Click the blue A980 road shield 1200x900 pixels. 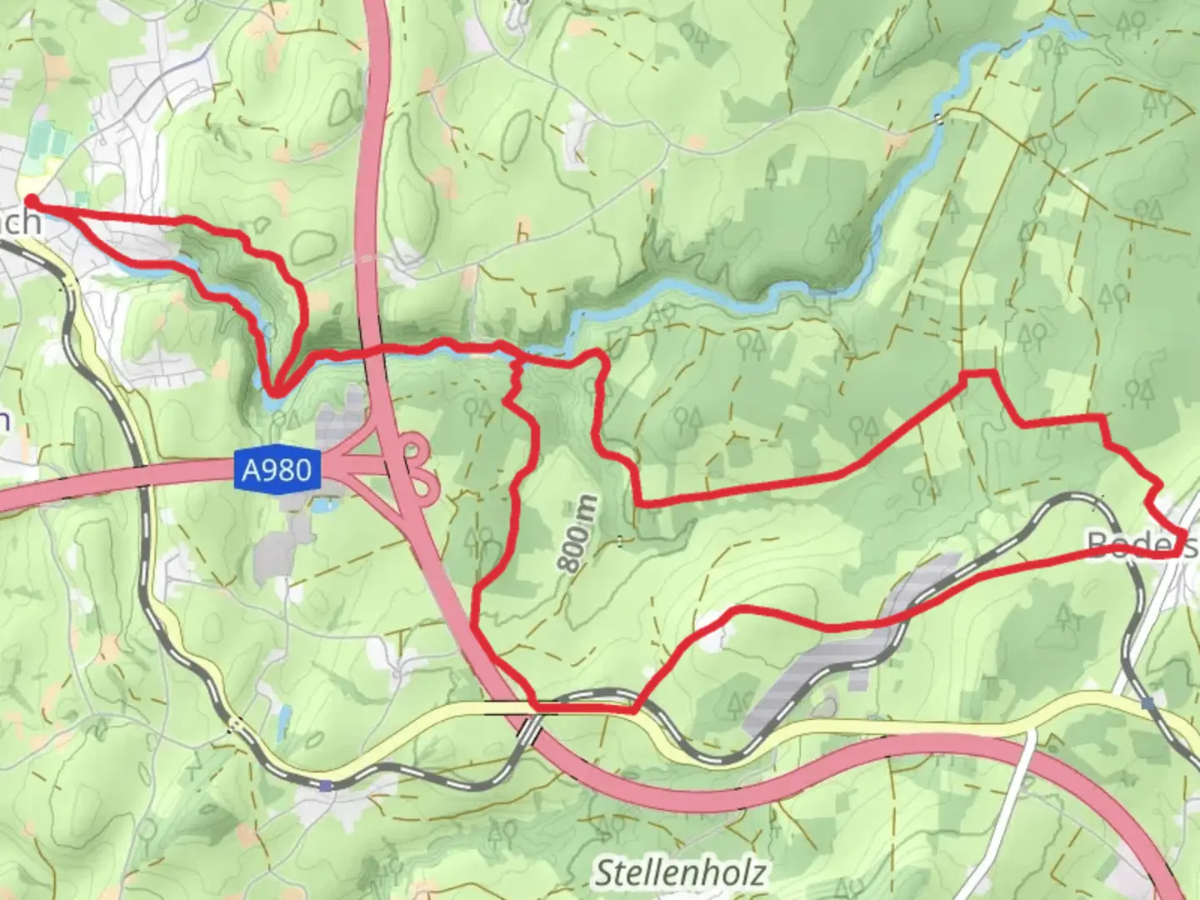[x=277, y=470]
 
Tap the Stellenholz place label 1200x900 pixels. [x=680, y=873]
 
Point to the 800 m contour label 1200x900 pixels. [x=578, y=533]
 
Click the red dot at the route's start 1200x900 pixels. [x=31, y=200]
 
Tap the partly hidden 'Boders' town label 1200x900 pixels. [x=1142, y=545]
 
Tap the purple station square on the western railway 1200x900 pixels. [x=325, y=785]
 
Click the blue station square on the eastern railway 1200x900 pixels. [x=1149, y=703]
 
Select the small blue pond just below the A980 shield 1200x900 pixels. [x=322, y=505]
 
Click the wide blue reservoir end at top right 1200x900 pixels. [x=1067, y=33]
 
